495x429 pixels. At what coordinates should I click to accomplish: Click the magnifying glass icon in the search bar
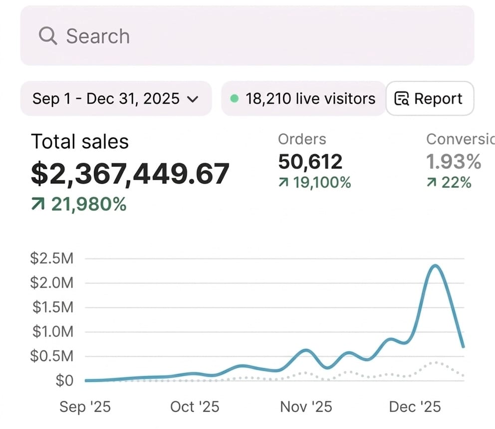[x=48, y=36]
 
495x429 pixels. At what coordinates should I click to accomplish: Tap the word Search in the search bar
[x=98, y=36]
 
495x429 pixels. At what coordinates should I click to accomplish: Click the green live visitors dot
[x=234, y=99]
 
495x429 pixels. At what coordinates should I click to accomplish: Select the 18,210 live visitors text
[x=310, y=99]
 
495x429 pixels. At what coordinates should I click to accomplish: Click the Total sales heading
[x=80, y=142]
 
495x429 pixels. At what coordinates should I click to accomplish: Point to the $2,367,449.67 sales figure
[x=130, y=173]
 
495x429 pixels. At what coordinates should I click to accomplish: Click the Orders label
[x=302, y=140]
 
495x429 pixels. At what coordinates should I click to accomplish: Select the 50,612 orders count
[x=310, y=161]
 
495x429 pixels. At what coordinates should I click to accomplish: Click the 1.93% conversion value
[x=454, y=161]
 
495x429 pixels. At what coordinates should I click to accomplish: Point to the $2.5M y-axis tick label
[x=51, y=259]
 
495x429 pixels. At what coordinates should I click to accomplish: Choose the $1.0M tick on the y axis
[x=51, y=332]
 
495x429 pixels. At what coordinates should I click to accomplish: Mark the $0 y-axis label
[x=64, y=381]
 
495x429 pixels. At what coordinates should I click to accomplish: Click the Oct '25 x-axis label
[x=195, y=407]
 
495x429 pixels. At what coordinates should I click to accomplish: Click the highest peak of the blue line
[x=436, y=266]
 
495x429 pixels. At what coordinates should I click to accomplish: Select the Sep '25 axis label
[x=85, y=407]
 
